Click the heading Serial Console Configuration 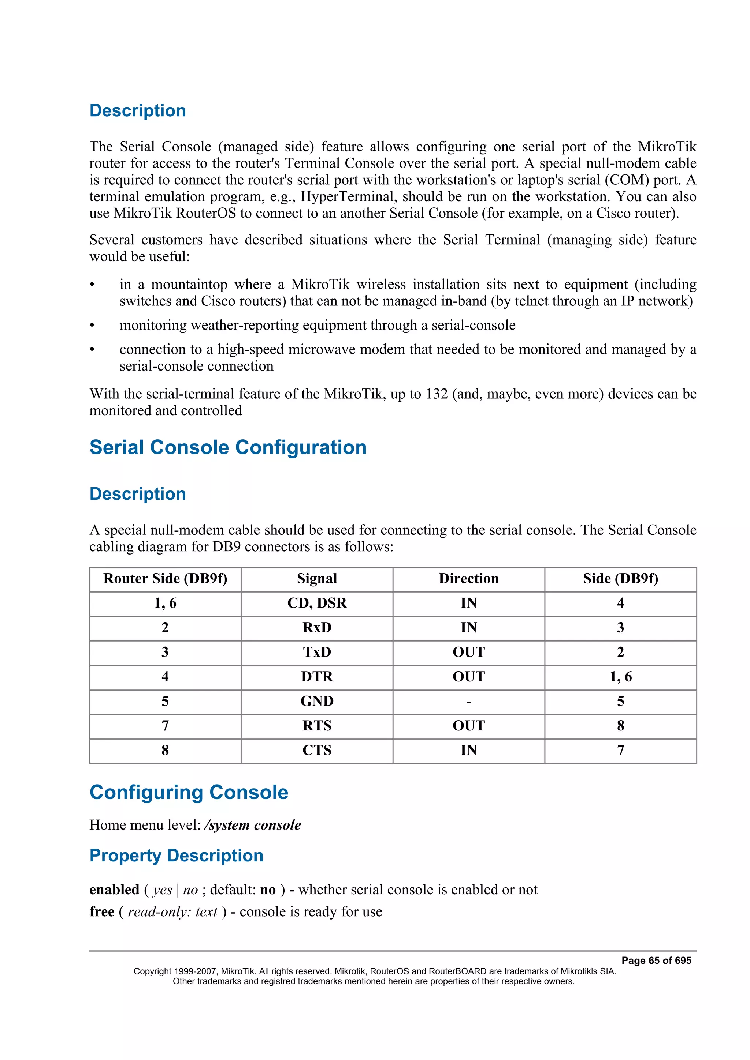click(x=228, y=447)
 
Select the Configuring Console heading click(x=189, y=792)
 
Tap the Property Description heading click(x=176, y=856)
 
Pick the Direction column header click(x=469, y=579)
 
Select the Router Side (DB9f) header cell click(x=165, y=579)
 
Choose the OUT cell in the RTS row click(x=469, y=725)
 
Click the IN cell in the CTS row click(x=469, y=750)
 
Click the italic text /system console click(x=252, y=825)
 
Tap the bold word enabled click(x=114, y=890)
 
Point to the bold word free click(x=102, y=912)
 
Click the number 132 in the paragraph click(x=437, y=394)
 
